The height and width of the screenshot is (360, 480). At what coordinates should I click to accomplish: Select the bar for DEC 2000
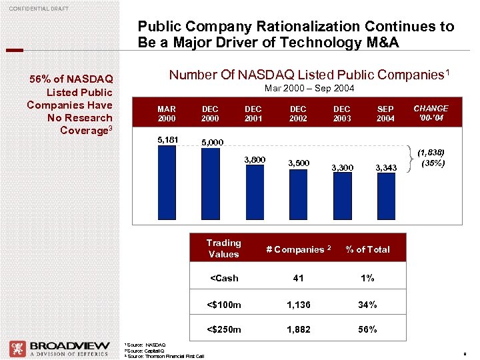tap(210, 187)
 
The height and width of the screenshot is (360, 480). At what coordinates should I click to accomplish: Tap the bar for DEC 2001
tap(253, 197)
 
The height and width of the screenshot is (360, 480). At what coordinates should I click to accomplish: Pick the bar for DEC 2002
tap(297, 198)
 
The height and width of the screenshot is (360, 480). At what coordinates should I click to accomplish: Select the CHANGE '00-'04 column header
tap(431, 113)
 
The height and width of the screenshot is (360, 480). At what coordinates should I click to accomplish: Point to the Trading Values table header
tap(223, 249)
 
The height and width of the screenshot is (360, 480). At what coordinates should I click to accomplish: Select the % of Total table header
tap(367, 249)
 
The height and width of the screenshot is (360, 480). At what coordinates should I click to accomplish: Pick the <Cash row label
tap(223, 278)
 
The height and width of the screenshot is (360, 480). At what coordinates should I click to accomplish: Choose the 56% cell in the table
tap(367, 329)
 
